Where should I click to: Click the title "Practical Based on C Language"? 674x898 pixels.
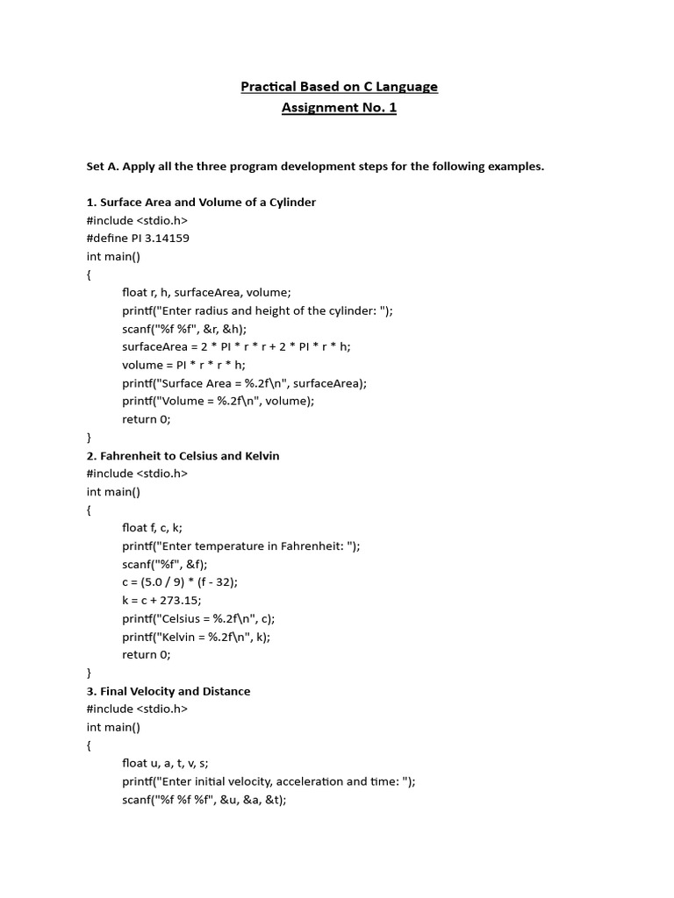pyautogui.click(x=339, y=86)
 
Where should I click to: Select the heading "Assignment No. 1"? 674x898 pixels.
pyautogui.click(x=339, y=109)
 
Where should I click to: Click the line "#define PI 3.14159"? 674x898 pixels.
pyautogui.click(x=138, y=239)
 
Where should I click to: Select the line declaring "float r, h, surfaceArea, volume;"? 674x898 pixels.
pyautogui.click(x=206, y=293)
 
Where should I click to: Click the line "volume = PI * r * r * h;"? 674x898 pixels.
pyautogui.click(x=183, y=365)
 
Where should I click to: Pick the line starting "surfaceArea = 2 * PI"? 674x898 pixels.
pyautogui.click(x=236, y=346)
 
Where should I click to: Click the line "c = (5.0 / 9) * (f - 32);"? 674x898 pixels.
pyautogui.click(x=180, y=582)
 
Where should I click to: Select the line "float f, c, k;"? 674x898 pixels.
pyautogui.click(x=152, y=528)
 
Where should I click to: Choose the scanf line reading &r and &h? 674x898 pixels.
pyautogui.click(x=184, y=329)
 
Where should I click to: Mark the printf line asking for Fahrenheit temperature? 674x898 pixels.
pyautogui.click(x=241, y=546)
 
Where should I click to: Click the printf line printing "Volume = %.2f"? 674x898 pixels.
pyautogui.click(x=218, y=401)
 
